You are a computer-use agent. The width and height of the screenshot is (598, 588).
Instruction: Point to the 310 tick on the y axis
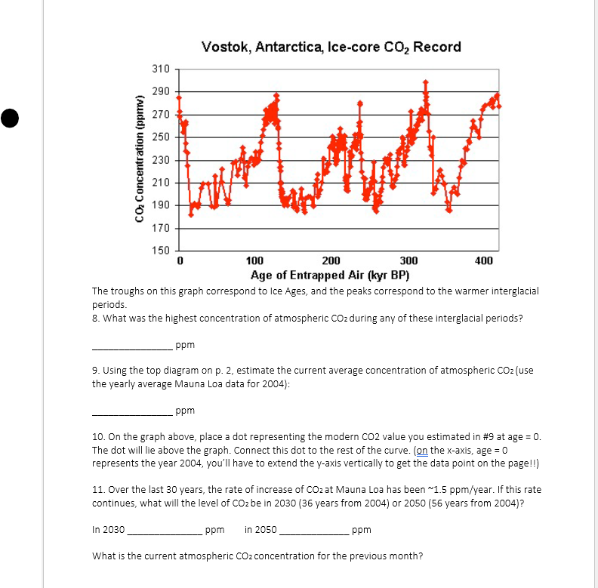coord(161,69)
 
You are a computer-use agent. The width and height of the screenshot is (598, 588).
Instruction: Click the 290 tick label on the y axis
coord(161,92)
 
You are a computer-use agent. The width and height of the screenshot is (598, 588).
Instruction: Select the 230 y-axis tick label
coord(161,160)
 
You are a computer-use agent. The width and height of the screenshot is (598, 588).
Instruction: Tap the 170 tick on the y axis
coord(161,228)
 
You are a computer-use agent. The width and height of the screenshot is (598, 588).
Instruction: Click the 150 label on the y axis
coord(161,251)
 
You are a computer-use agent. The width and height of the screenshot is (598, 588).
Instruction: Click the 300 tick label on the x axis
coord(408,261)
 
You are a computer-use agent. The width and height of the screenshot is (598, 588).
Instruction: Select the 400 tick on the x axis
coord(484,261)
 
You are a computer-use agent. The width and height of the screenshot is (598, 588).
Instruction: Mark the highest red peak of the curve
coord(426,82)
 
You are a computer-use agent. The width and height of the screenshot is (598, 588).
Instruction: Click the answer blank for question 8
coord(131,346)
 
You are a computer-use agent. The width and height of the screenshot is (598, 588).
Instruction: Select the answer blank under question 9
coord(131,413)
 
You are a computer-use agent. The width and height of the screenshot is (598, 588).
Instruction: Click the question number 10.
coord(98,438)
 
